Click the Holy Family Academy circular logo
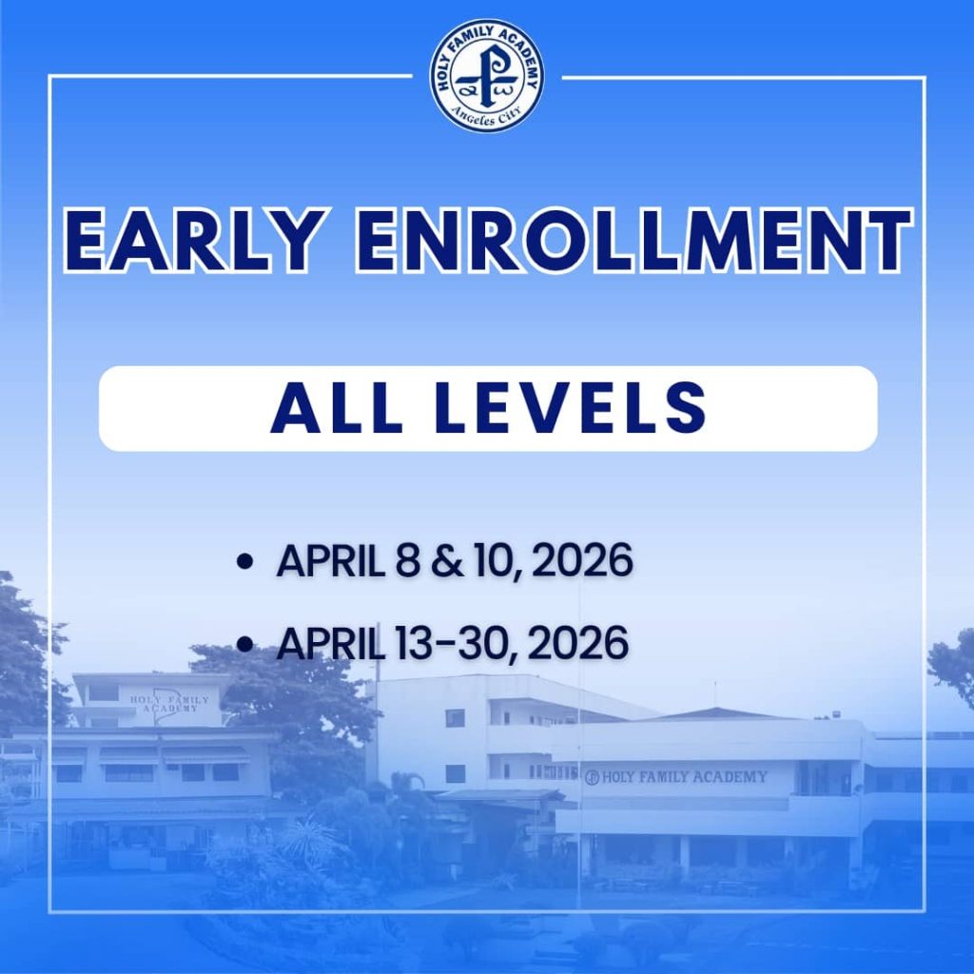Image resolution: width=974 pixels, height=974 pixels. coord(487,75)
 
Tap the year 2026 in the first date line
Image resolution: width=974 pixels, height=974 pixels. coord(582,562)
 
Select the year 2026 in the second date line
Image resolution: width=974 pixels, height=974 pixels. coord(578,645)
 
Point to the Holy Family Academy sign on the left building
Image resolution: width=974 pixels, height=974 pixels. coord(165,704)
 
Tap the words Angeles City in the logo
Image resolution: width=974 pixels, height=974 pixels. coord(487,118)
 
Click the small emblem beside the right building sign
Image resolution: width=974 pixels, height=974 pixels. coord(592,777)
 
